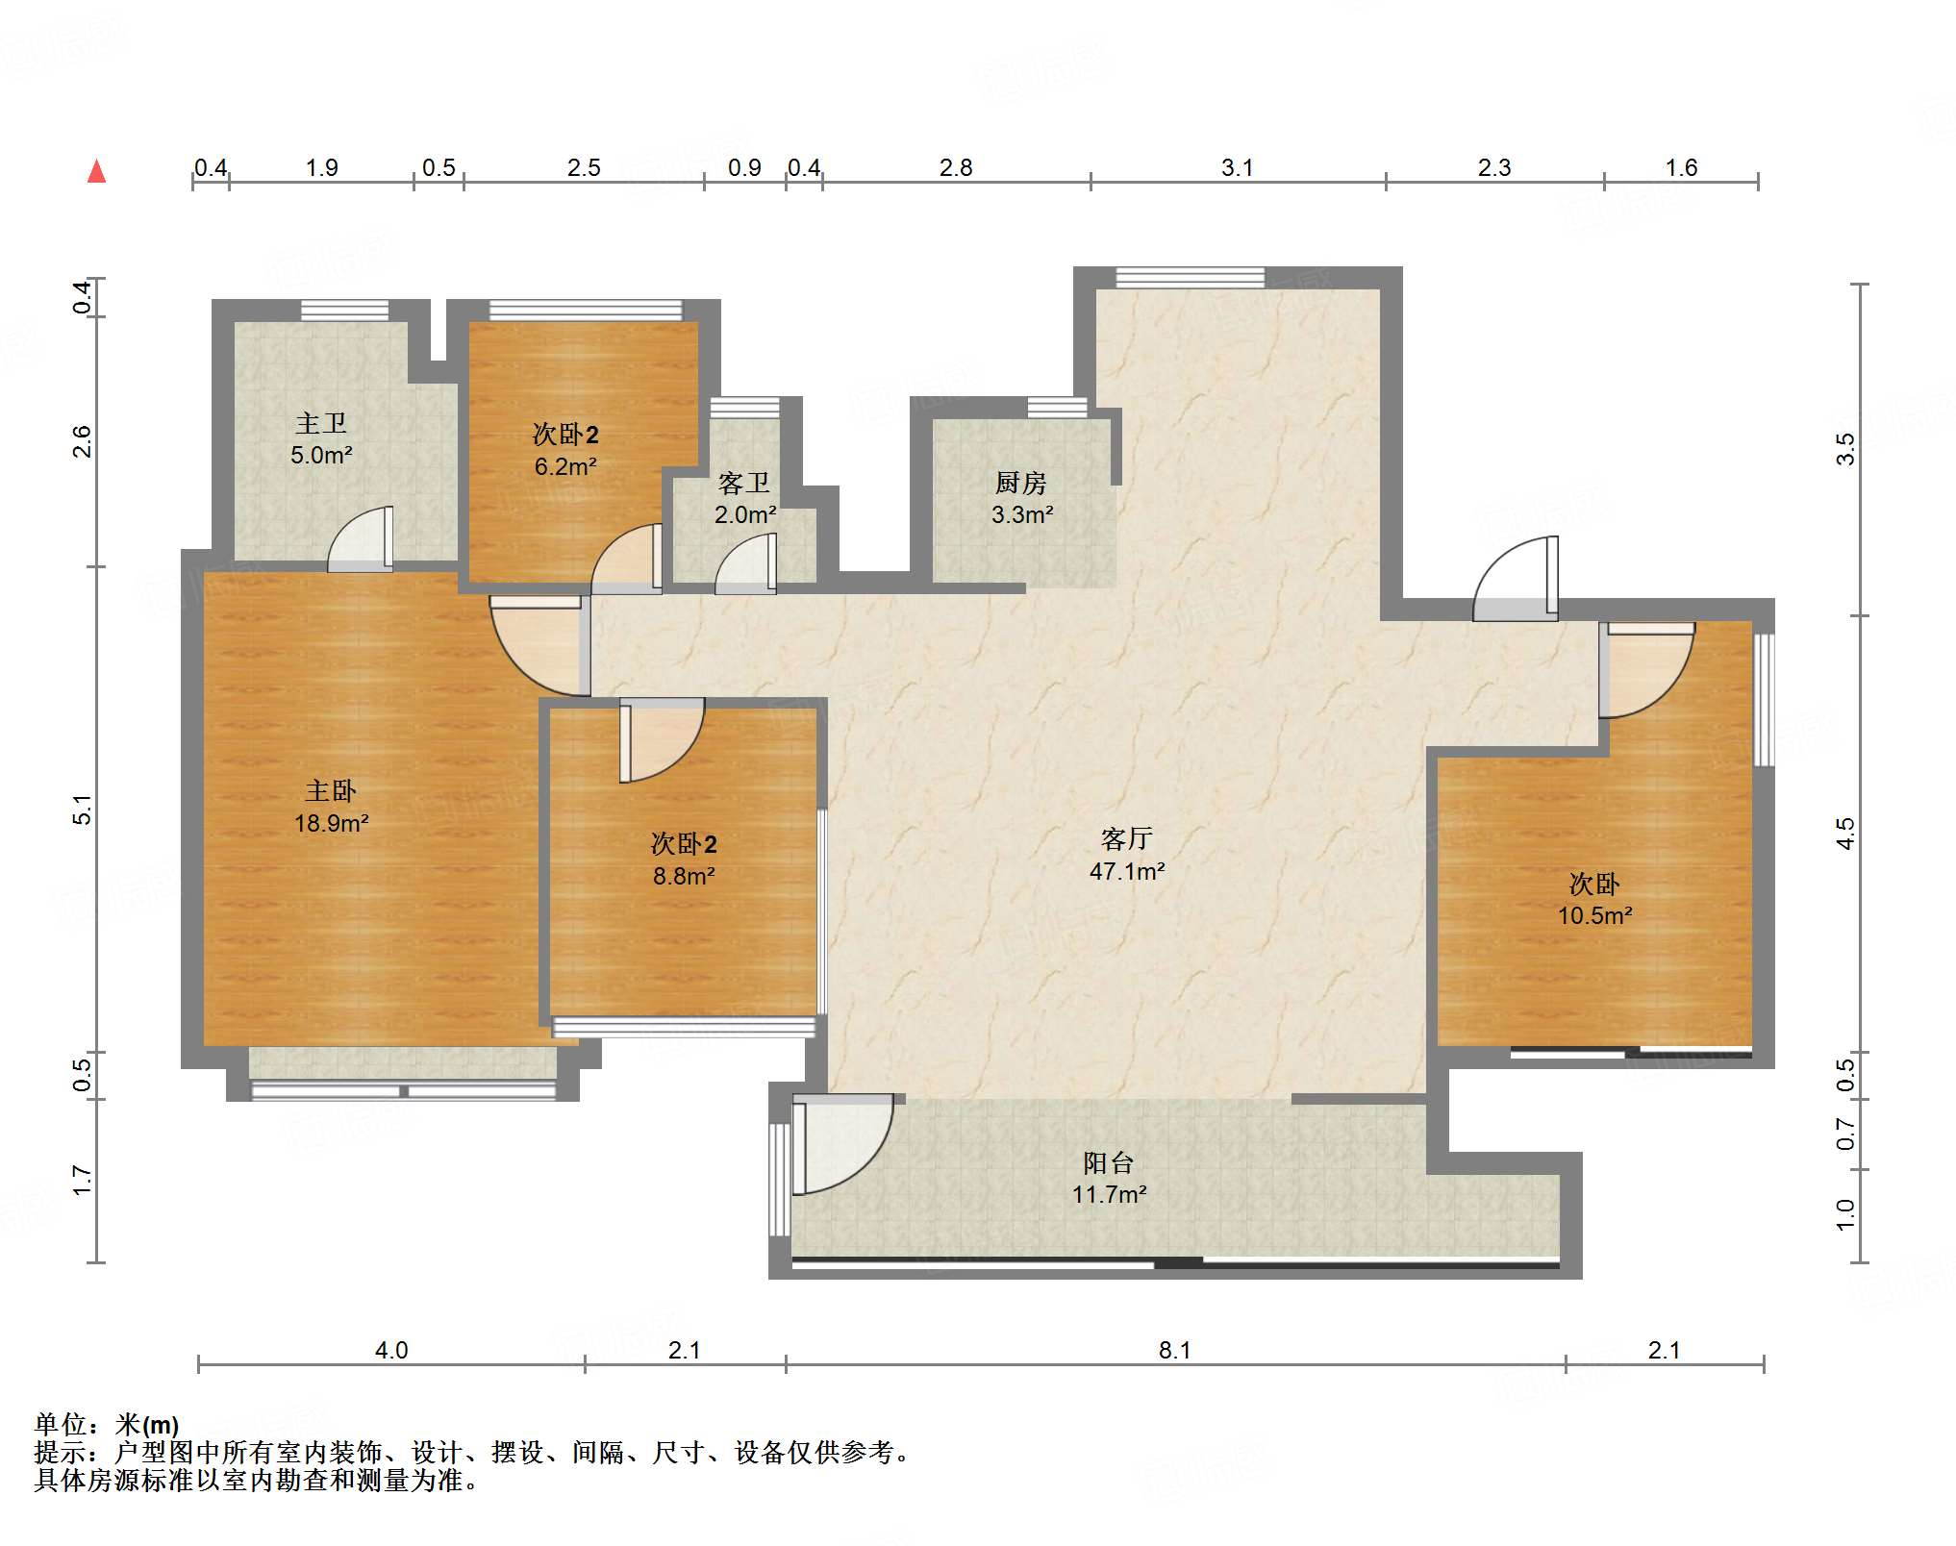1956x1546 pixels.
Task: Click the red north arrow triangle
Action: (96, 171)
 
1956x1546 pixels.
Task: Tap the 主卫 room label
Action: (321, 423)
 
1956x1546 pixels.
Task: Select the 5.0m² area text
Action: (321, 455)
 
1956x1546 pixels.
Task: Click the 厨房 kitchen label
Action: (1021, 483)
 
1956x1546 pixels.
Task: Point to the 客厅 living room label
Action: (1127, 839)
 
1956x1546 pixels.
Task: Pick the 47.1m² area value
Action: (1127, 871)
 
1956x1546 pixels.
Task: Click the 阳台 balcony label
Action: (1109, 1163)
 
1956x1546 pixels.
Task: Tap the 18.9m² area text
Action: (332, 823)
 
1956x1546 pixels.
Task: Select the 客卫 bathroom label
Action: (744, 483)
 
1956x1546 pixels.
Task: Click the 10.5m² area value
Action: (1595, 915)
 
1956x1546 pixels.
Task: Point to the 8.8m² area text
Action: (684, 876)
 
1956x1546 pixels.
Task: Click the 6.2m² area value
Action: (565, 466)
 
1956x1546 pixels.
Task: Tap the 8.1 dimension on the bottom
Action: (1174, 1350)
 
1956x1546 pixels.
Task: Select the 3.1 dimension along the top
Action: (1238, 167)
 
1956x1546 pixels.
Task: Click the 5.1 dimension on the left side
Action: (83, 810)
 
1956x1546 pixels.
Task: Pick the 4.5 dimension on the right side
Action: (1844, 833)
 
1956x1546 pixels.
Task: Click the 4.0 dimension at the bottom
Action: (391, 1350)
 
